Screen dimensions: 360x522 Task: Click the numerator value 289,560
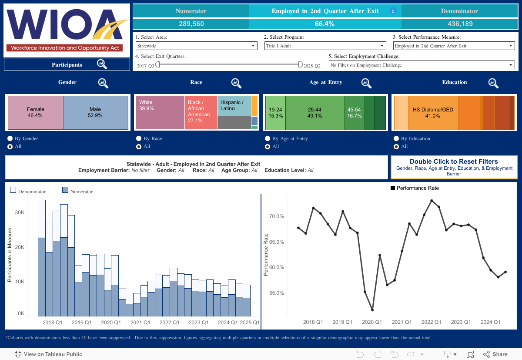[191, 24]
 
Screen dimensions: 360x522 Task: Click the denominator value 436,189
[460, 24]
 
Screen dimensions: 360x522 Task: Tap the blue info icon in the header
[393, 11]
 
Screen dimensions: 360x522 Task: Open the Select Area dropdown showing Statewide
[197, 46]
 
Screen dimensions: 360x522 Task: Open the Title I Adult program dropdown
[325, 46]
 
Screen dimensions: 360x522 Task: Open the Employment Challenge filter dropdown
[422, 65]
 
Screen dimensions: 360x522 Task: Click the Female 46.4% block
[36, 112]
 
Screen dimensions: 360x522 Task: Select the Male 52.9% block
[95, 112]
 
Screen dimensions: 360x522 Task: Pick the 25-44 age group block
[315, 113]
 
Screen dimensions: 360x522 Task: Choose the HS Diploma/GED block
[433, 113]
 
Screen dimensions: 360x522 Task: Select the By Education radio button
[397, 138]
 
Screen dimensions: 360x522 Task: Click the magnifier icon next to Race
[236, 82]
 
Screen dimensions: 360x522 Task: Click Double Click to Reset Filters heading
[454, 161]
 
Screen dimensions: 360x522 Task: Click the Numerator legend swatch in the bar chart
[65, 190]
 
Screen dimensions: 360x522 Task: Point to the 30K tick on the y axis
[20, 212]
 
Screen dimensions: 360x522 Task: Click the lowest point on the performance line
[373, 310]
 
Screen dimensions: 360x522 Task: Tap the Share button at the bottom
[495, 354]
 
